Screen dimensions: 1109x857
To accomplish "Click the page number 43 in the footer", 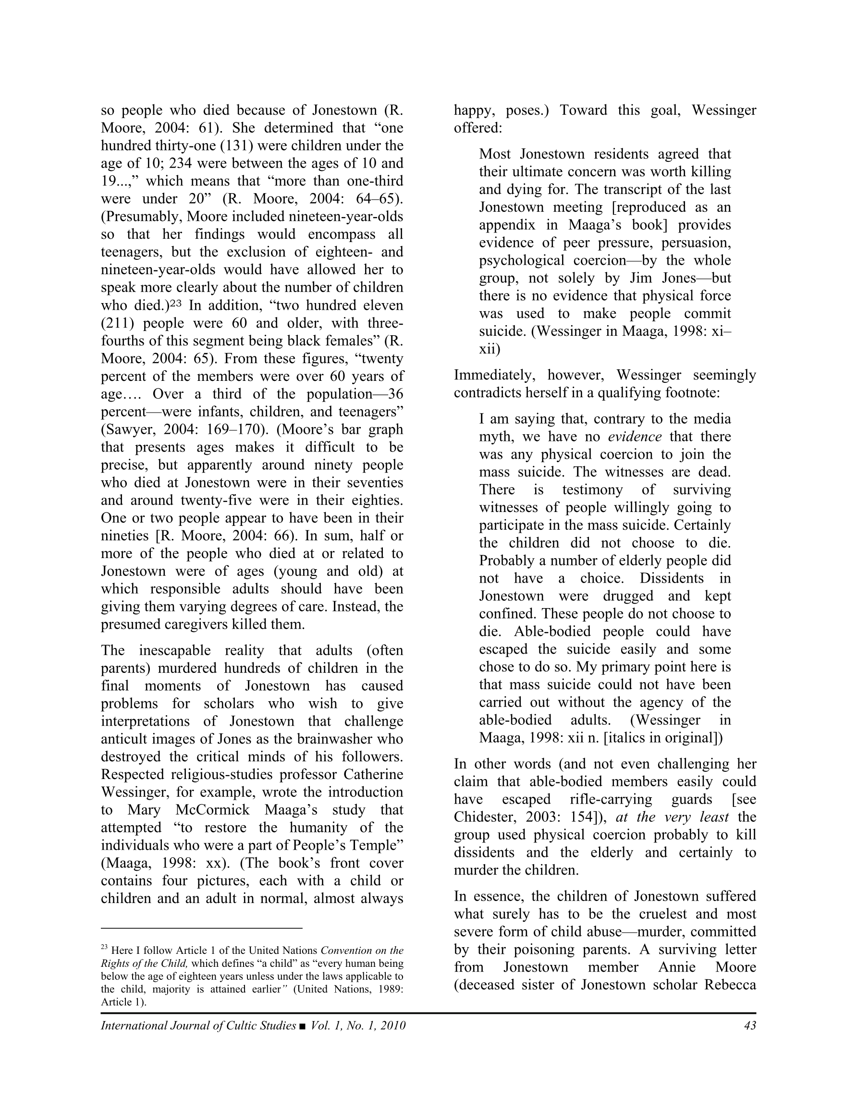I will click(750, 1025).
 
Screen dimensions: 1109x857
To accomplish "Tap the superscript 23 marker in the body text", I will click(175, 304).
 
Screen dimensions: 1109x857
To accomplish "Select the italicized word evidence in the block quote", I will click(635, 437).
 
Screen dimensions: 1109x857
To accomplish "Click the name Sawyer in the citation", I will click(130, 429).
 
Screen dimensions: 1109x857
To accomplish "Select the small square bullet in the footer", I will click(303, 1026).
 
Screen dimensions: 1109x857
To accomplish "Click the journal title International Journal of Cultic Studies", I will click(198, 1025).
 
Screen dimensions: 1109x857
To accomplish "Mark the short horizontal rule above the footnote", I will click(202, 928).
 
